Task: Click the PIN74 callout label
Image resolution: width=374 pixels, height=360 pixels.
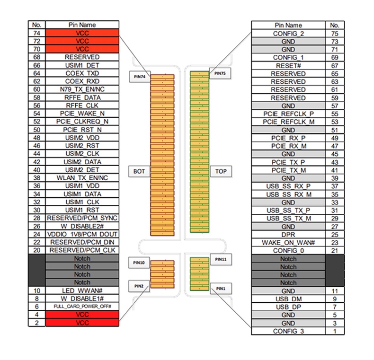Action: coord(140,77)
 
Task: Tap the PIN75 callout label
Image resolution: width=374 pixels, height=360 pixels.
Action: coord(220,73)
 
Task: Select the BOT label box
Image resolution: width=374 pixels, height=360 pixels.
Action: coord(139,171)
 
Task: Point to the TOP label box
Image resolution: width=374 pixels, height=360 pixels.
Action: coord(221,171)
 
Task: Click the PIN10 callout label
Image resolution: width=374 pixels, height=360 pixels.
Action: coord(139,263)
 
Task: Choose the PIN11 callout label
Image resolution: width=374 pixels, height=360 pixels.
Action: coord(221,259)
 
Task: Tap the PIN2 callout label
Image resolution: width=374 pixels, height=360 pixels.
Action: coord(139,286)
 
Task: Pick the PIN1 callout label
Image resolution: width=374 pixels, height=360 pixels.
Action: coord(221,289)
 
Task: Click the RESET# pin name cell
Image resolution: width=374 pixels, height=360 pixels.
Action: coord(288,66)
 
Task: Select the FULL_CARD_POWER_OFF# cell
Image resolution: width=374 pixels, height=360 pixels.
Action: coord(82,307)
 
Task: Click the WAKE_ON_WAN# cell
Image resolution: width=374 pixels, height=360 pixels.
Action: coord(288,243)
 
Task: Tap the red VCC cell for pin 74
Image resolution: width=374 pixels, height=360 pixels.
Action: coord(82,33)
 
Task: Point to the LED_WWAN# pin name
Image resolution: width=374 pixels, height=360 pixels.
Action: coord(82,290)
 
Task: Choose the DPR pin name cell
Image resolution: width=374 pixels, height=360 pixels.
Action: coord(288,235)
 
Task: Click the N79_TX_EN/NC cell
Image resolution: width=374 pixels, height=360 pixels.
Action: coord(82,89)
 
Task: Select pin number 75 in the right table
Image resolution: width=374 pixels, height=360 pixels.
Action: coord(335,34)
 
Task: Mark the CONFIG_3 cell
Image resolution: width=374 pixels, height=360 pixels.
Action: coord(288,331)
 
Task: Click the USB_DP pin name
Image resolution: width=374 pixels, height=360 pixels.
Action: coord(288,307)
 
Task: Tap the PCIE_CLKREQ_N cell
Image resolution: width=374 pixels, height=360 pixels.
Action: coord(82,122)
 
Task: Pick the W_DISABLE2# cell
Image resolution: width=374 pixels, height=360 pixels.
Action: coord(82,226)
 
